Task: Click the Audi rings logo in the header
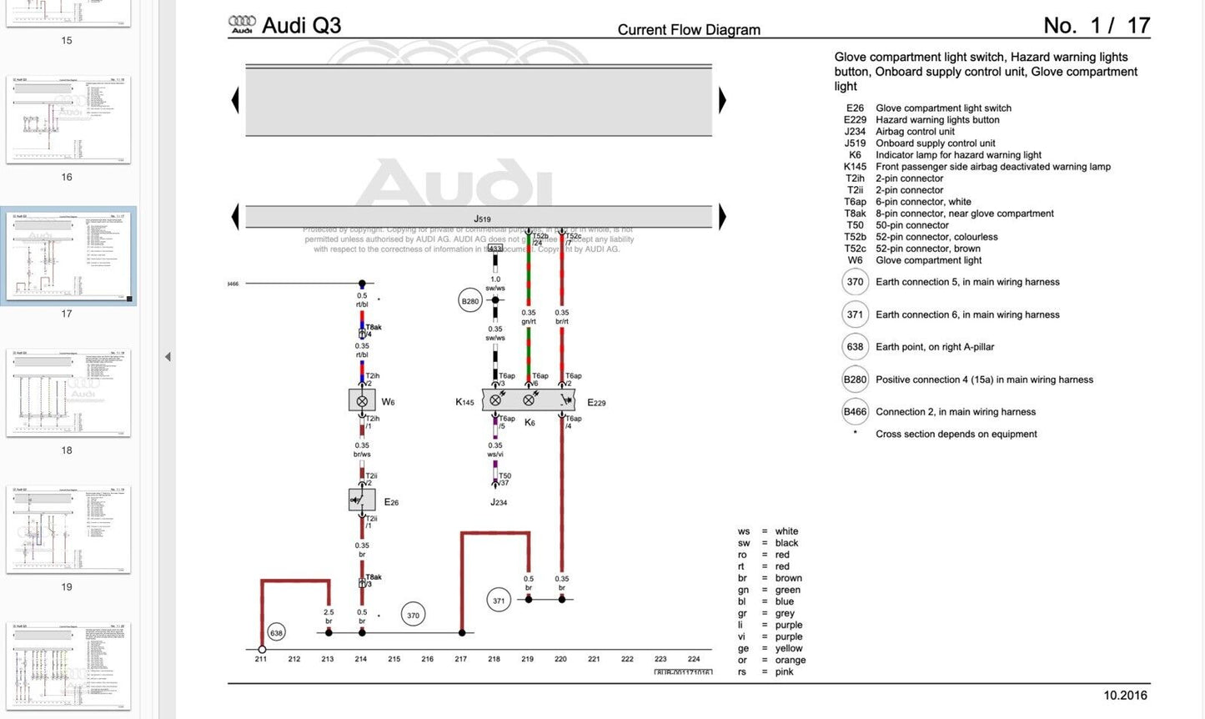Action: click(x=242, y=24)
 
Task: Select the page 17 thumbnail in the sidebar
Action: click(x=68, y=255)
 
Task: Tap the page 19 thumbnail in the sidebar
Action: click(x=68, y=529)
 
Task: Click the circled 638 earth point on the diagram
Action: click(x=276, y=633)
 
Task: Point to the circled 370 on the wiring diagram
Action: click(x=413, y=616)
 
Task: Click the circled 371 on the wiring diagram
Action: click(x=499, y=600)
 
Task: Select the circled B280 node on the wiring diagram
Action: click(x=470, y=301)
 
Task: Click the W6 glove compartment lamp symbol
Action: click(x=362, y=400)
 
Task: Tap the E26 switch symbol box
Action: click(x=361, y=500)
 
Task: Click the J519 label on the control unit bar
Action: click(x=482, y=219)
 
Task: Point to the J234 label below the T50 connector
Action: click(x=499, y=502)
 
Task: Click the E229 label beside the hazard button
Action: click(x=596, y=403)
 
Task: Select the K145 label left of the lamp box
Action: click(x=464, y=402)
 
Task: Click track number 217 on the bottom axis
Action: click(x=461, y=659)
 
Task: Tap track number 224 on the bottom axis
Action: click(x=694, y=659)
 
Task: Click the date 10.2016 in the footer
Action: click(x=1125, y=695)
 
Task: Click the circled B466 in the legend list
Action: click(x=855, y=411)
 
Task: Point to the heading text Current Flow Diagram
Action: click(x=689, y=30)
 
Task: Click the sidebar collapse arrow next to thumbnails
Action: click(x=168, y=357)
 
